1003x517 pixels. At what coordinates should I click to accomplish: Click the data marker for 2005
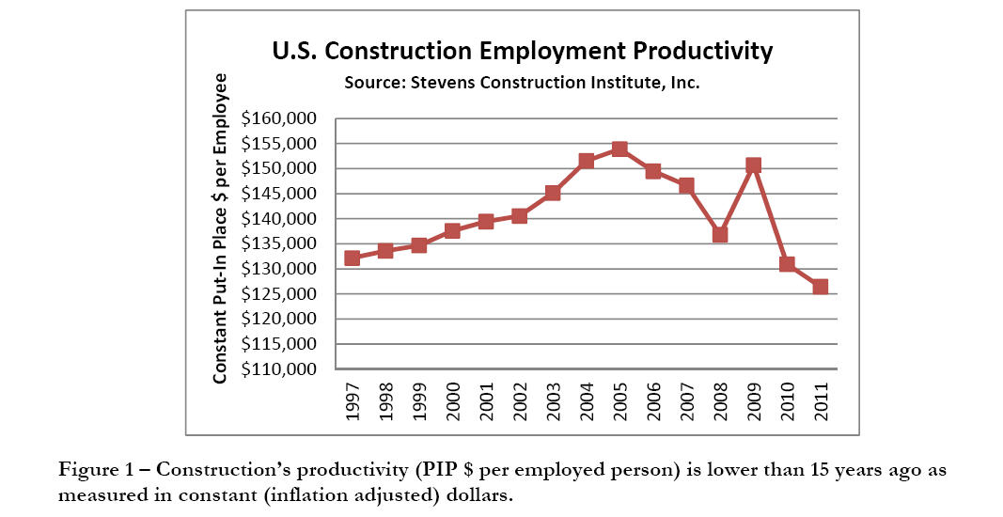pos(619,149)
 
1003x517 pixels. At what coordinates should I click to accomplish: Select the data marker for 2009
pos(753,165)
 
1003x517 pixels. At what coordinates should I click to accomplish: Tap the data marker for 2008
pos(719,235)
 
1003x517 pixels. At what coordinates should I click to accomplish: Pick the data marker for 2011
pos(820,287)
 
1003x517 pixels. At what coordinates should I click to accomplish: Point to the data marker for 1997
pos(353,258)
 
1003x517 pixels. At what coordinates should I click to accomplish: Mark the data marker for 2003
pos(553,194)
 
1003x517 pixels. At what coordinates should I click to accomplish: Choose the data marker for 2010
pos(787,264)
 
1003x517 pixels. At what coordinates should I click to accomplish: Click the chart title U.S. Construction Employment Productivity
pos(522,52)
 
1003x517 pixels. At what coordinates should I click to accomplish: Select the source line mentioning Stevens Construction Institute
pos(522,83)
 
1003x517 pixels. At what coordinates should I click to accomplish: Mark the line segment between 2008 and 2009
pos(736,200)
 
